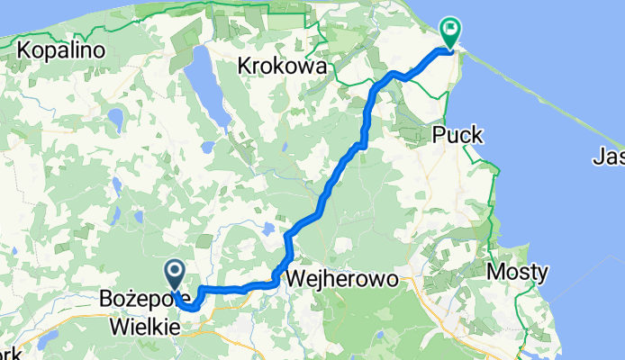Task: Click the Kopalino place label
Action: tap(60, 49)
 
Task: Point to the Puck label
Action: tap(457, 135)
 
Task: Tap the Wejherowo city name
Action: tap(342, 279)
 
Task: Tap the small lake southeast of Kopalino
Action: tap(115, 118)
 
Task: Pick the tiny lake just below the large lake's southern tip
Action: tap(209, 146)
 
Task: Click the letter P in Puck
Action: tap(439, 135)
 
